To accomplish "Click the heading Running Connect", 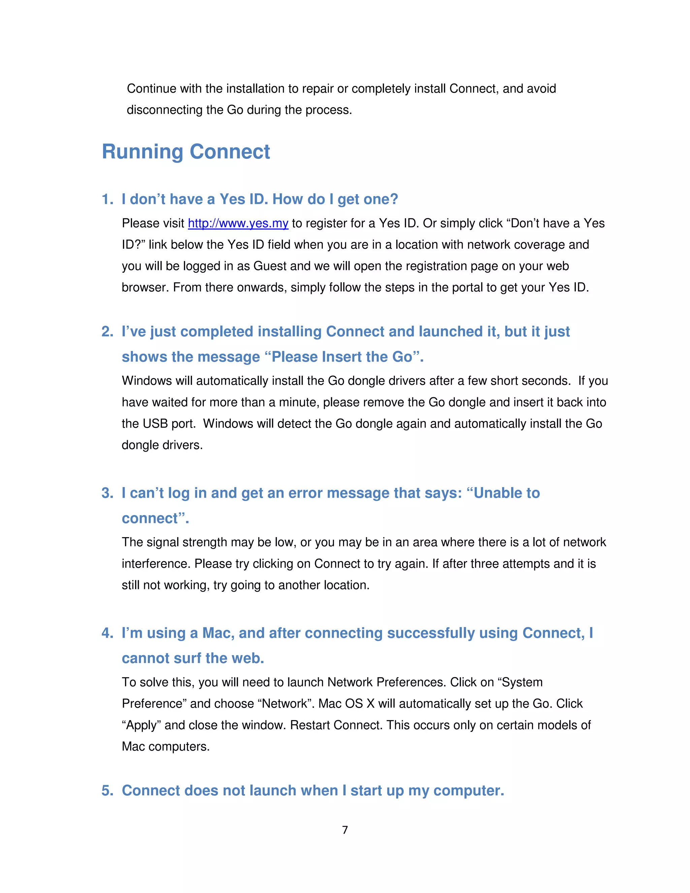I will tap(186, 152).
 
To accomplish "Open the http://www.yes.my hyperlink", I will tap(238, 223).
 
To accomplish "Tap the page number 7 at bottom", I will tap(345, 830).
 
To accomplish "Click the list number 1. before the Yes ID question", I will tap(107, 199).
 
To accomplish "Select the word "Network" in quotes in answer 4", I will tap(285, 704).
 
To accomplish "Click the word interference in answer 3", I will tap(156, 564).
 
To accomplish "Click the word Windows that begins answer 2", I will tap(147, 381).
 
